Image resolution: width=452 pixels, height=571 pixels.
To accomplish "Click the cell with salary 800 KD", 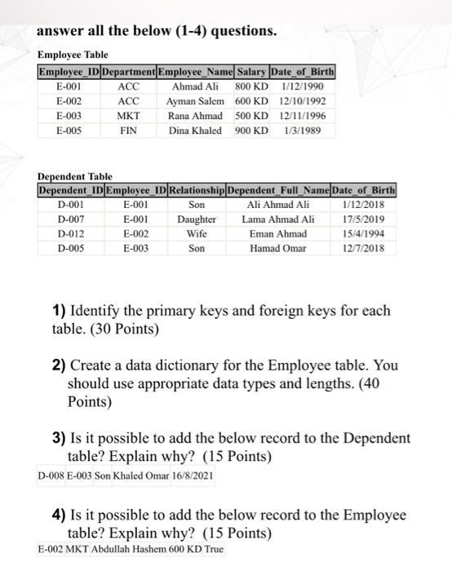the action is click(x=252, y=86).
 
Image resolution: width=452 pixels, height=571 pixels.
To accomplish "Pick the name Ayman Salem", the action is click(x=195, y=100).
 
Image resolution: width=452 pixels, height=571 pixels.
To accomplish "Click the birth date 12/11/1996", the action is click(x=303, y=115).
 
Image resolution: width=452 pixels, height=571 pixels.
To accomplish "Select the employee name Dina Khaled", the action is click(x=195, y=130).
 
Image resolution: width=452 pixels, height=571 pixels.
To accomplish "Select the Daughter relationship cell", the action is click(x=196, y=219).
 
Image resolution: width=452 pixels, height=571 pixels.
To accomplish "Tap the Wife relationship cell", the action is click(x=196, y=233).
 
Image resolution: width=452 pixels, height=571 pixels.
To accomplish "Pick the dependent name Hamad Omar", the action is click(x=278, y=248).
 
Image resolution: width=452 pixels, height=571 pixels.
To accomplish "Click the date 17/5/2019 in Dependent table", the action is click(x=366, y=219).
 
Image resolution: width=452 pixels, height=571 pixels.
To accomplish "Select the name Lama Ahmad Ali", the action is click(x=278, y=219).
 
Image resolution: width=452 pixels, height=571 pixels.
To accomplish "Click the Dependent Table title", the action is click(x=75, y=176).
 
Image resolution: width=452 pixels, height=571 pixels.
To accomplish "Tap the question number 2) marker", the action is click(x=59, y=366).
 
